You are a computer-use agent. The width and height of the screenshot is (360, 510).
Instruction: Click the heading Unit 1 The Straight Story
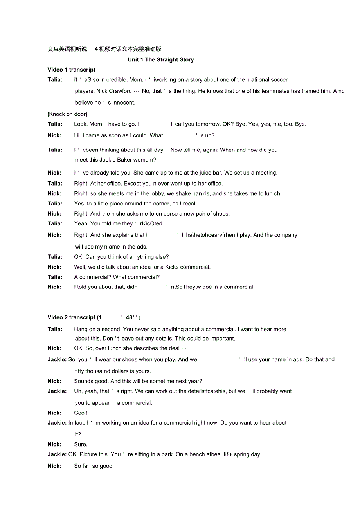click(x=160, y=59)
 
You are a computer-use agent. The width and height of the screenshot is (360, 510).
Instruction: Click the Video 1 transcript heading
click(x=71, y=70)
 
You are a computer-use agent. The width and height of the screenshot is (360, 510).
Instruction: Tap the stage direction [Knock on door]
click(x=67, y=114)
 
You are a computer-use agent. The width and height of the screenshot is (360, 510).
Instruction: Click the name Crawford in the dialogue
click(x=120, y=91)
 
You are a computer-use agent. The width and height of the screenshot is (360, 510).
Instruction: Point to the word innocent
click(x=124, y=103)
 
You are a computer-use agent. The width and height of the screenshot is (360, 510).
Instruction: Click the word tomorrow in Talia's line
click(x=197, y=124)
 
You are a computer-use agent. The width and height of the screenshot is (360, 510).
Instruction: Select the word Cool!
click(x=81, y=413)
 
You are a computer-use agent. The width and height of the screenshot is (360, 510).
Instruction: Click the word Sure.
click(x=81, y=444)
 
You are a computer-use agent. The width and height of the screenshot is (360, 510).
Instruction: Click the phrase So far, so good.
click(x=94, y=466)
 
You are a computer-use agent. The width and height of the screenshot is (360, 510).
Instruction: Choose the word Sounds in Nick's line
click(x=83, y=381)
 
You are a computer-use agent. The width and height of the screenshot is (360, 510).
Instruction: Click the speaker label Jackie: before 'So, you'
click(x=57, y=359)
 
